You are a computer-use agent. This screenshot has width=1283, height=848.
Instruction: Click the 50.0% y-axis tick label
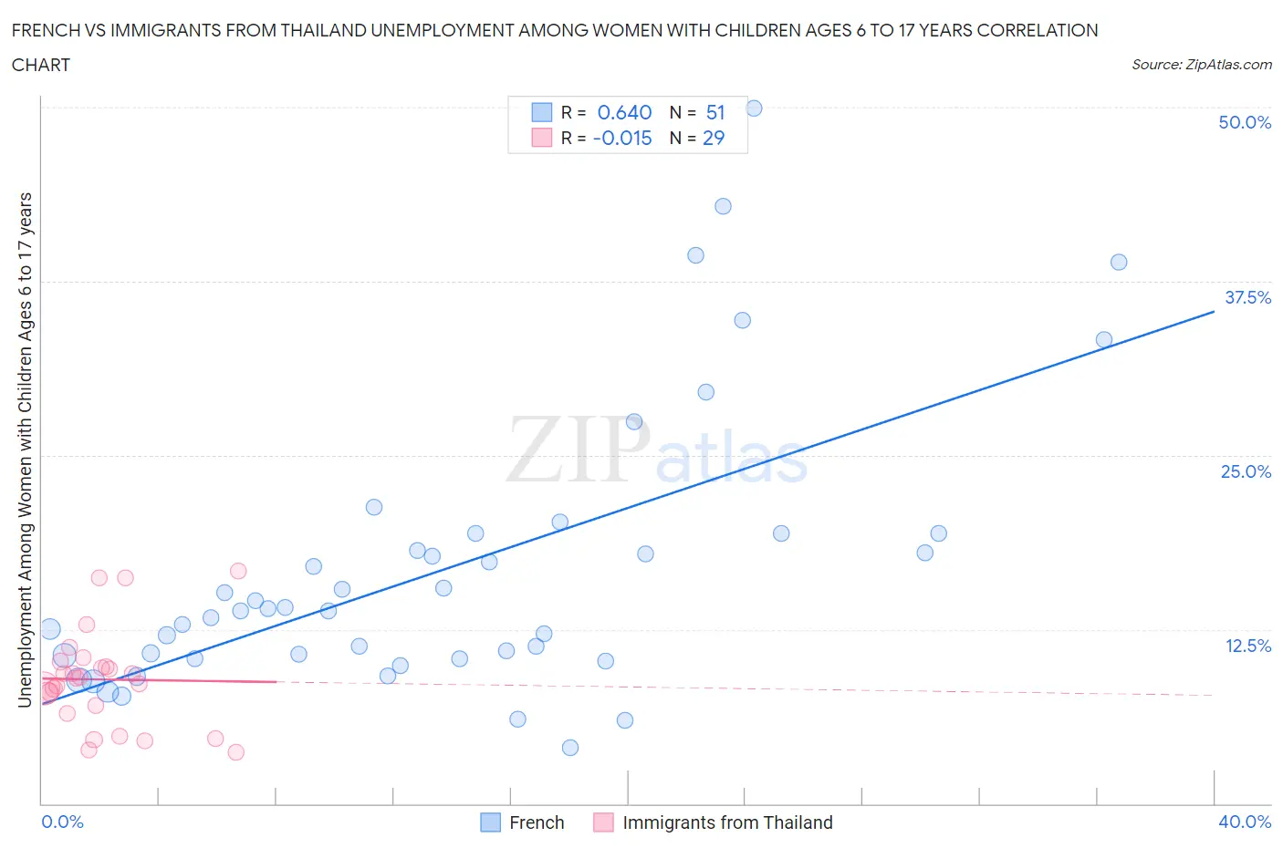pyautogui.click(x=1245, y=122)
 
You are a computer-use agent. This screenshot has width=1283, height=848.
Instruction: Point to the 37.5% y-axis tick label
pyautogui.click(x=1247, y=297)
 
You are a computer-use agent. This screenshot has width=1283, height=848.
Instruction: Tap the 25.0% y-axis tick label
pyautogui.click(x=1246, y=471)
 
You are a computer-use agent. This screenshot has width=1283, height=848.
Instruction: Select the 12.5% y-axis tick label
pyautogui.click(x=1247, y=646)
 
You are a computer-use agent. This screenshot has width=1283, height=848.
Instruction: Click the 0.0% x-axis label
pyautogui.click(x=62, y=822)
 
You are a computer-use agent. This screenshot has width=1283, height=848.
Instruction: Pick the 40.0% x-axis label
pyautogui.click(x=1245, y=822)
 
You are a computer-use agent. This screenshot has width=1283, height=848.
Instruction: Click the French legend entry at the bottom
pyautogui.click(x=536, y=822)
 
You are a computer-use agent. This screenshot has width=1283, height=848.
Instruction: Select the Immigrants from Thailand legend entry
pyautogui.click(x=726, y=822)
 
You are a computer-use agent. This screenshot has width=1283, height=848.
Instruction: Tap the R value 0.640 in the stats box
pyautogui.click(x=624, y=112)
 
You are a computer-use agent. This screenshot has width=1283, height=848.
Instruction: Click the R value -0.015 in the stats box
pyautogui.click(x=622, y=138)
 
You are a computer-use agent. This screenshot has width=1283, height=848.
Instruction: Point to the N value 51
pyautogui.click(x=715, y=112)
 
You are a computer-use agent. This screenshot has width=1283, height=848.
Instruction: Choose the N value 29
pyautogui.click(x=714, y=138)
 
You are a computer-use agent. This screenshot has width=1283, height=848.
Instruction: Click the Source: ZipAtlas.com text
pyautogui.click(x=1201, y=65)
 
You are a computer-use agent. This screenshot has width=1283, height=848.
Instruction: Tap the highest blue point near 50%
pyautogui.click(x=754, y=109)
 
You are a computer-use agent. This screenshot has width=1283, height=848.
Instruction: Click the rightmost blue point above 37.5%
pyautogui.click(x=1119, y=263)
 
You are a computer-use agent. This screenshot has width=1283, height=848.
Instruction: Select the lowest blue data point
pyautogui.click(x=570, y=748)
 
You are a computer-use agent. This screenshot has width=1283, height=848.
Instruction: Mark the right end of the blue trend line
pyautogui.click(x=1214, y=312)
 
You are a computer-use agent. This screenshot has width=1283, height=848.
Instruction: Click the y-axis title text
pyautogui.click(x=26, y=450)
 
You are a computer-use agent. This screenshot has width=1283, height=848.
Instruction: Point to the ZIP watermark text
pyautogui.click(x=578, y=450)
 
